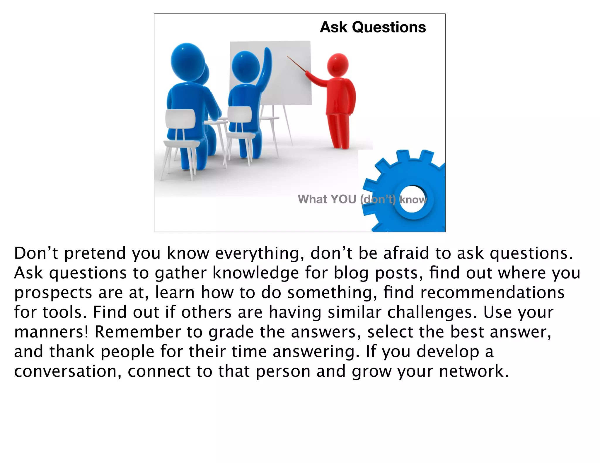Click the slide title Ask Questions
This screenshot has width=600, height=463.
point(373,27)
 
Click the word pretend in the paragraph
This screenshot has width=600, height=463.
point(95,253)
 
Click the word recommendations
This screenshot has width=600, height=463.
point(492,292)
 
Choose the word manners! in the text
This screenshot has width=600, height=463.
point(51,332)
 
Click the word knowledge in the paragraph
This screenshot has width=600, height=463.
point(255,273)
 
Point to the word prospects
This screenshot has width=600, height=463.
point(53,293)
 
